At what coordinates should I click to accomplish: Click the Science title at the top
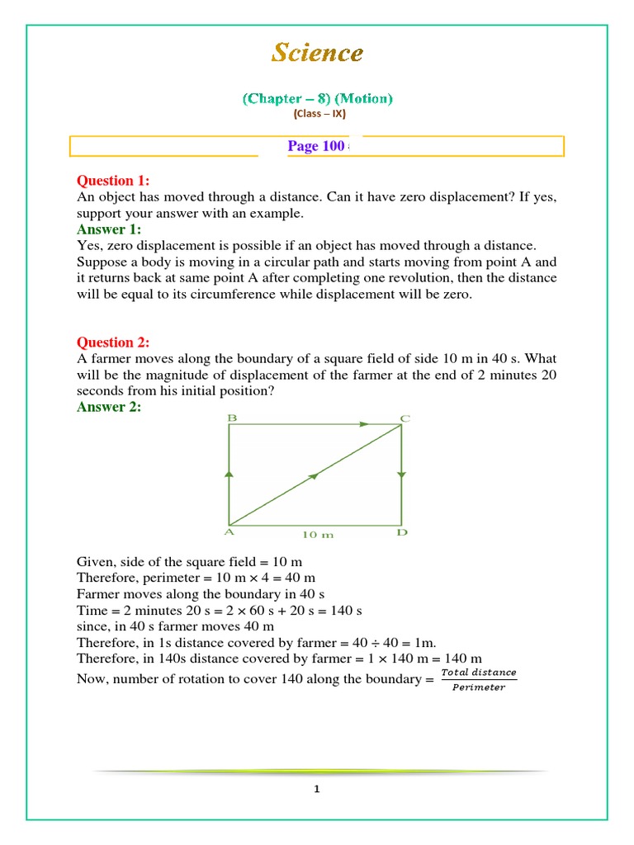tap(317, 54)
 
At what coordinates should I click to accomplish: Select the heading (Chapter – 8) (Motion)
tap(317, 99)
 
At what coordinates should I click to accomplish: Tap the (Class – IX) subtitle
tap(317, 114)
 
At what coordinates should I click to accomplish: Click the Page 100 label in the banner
tap(315, 146)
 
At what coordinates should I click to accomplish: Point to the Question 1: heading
tap(113, 181)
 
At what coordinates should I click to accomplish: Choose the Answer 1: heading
tap(109, 229)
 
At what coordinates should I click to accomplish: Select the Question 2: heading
tap(113, 342)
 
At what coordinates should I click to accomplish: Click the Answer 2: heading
tap(109, 407)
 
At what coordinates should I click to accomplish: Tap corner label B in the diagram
tap(232, 418)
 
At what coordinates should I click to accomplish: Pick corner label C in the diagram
tap(405, 418)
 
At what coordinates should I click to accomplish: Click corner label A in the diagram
tap(229, 533)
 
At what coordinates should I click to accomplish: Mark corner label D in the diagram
tap(402, 533)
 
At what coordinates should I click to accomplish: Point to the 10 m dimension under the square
tap(318, 535)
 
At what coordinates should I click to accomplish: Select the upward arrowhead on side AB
tap(229, 474)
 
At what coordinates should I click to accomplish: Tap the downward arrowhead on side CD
tap(401, 474)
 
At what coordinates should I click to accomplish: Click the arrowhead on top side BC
tap(364, 424)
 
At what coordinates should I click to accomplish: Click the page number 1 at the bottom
tap(316, 789)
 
